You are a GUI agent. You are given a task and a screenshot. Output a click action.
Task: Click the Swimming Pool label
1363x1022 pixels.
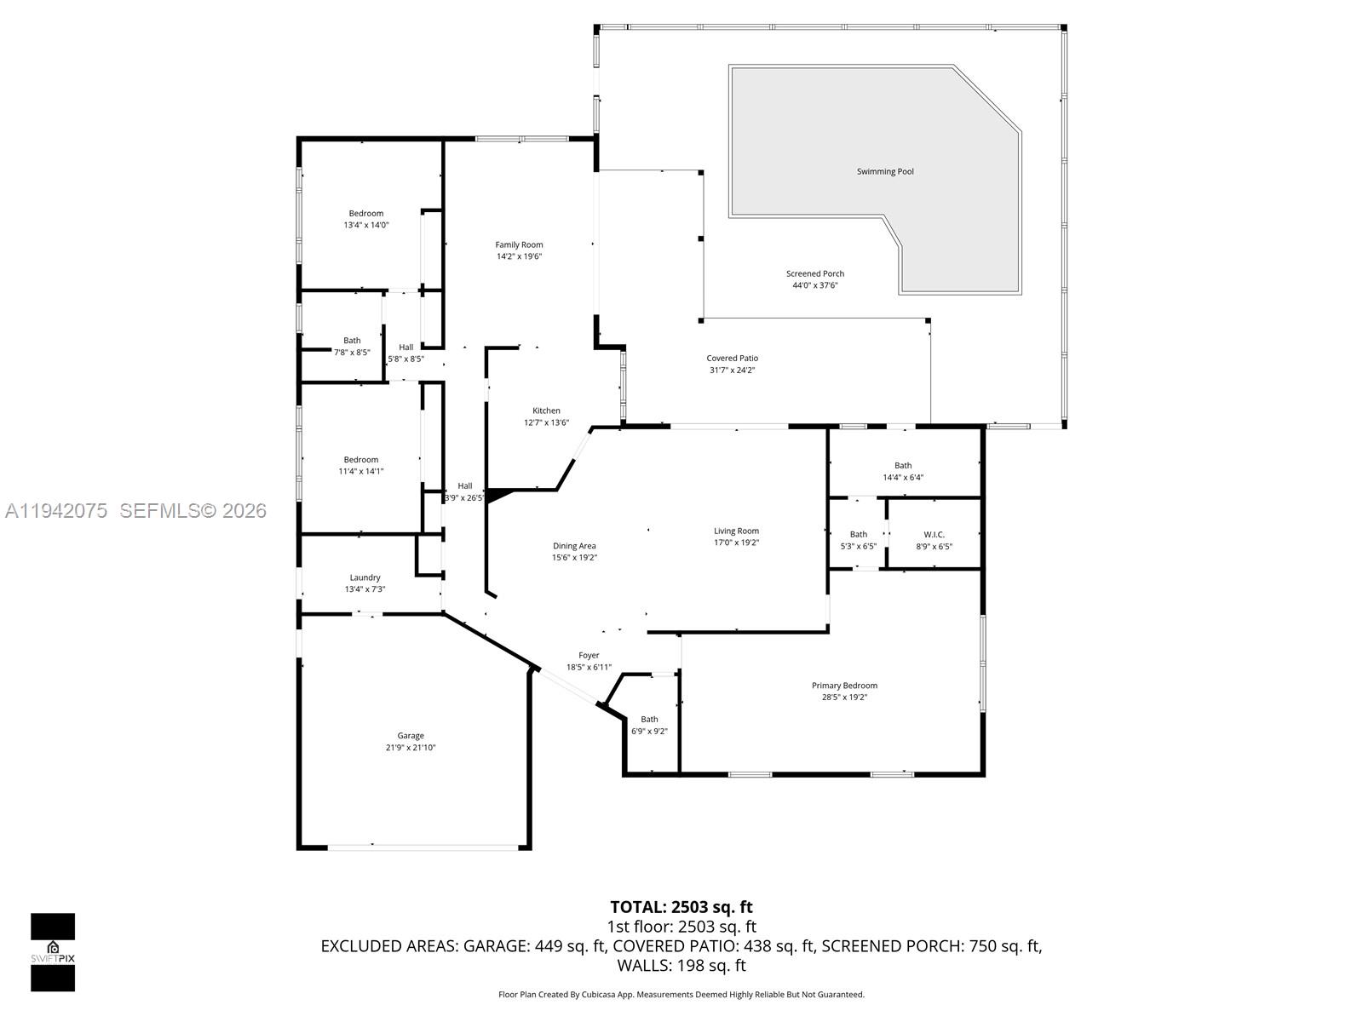(x=885, y=171)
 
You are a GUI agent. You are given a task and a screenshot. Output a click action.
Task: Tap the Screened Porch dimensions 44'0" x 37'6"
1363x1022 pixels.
(x=815, y=285)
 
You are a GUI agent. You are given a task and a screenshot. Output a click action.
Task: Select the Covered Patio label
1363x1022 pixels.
(x=732, y=359)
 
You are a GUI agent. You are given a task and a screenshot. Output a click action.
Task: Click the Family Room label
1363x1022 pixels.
(x=519, y=245)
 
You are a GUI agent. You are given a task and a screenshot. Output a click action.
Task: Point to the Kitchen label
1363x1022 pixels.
(x=546, y=411)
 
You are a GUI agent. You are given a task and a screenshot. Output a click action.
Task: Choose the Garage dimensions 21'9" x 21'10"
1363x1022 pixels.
(x=410, y=748)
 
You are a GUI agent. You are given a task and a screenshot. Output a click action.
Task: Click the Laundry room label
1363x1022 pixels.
(x=365, y=577)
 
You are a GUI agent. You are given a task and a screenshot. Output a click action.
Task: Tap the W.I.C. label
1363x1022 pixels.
(x=934, y=535)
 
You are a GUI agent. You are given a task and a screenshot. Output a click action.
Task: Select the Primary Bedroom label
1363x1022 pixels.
(x=844, y=686)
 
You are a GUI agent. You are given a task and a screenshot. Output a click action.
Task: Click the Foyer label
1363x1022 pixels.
(x=589, y=656)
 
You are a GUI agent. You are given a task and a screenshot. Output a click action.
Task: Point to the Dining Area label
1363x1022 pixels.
(x=574, y=546)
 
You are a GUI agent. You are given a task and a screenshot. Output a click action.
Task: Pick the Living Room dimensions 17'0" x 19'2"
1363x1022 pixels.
(x=736, y=543)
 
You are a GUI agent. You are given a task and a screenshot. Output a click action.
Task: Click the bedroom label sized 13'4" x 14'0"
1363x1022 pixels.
(x=365, y=214)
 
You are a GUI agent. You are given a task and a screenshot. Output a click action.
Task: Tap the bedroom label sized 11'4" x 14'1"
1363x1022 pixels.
(x=360, y=460)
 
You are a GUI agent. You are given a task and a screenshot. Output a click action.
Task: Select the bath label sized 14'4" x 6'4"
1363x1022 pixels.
(x=903, y=466)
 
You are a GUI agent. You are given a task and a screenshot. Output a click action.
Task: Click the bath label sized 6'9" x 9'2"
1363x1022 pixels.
(x=649, y=720)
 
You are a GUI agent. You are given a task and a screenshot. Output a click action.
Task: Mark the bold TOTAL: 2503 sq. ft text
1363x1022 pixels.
(x=681, y=907)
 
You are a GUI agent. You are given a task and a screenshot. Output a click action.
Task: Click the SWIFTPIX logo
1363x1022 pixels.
(x=53, y=952)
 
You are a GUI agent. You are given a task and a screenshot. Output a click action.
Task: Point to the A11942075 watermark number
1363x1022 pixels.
(x=56, y=511)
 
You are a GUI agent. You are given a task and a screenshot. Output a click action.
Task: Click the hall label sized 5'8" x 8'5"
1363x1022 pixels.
(x=405, y=347)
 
